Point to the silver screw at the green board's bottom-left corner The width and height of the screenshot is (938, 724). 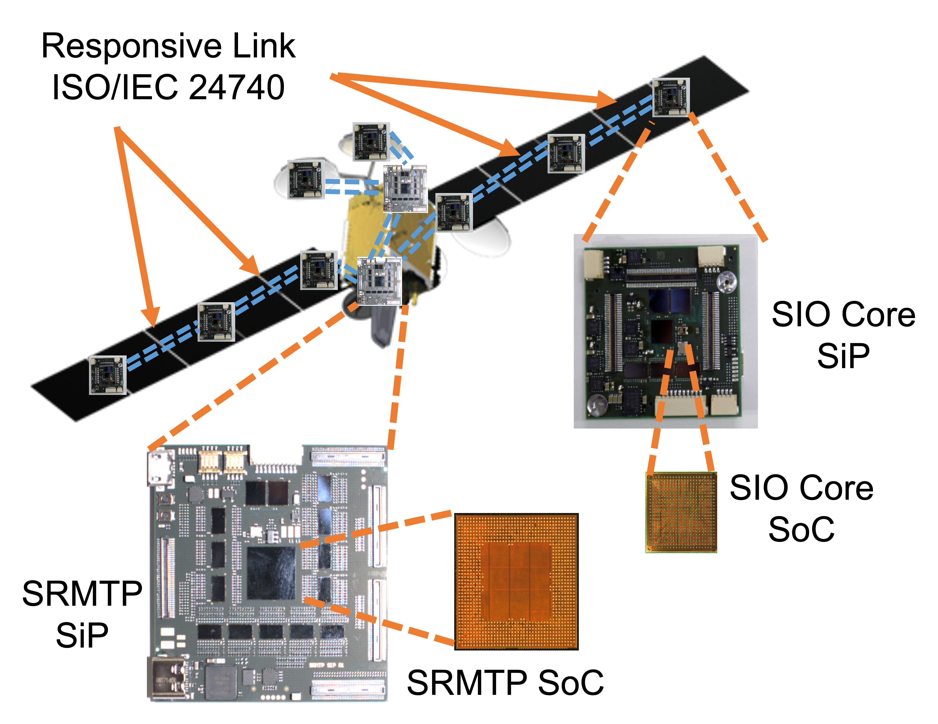(597, 404)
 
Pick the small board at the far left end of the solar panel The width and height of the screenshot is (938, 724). (108, 375)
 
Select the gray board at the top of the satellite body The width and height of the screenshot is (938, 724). (405, 188)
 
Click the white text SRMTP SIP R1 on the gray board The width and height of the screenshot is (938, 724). (326, 665)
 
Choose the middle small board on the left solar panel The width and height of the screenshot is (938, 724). (216, 322)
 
